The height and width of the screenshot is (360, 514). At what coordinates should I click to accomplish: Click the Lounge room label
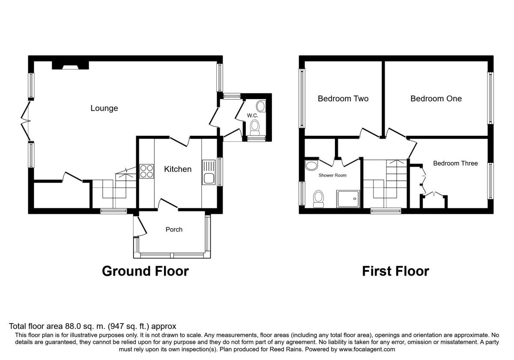[x=104, y=108]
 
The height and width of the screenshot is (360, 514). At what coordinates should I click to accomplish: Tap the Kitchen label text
[x=178, y=169]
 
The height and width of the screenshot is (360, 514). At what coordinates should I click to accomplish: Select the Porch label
[x=174, y=229]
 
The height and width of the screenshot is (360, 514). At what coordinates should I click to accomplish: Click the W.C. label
[x=252, y=115]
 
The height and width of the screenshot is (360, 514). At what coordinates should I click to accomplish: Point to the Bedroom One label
[x=436, y=99]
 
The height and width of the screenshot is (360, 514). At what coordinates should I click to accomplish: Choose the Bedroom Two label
[x=343, y=99]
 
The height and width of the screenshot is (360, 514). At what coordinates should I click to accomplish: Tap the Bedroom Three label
[x=455, y=163]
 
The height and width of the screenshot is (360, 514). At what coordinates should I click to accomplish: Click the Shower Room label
[x=332, y=175]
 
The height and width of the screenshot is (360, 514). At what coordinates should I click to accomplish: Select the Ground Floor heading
[x=145, y=271]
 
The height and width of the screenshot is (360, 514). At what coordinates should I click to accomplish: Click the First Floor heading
[x=396, y=271]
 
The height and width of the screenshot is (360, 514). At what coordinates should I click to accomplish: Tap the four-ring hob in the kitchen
[x=146, y=171]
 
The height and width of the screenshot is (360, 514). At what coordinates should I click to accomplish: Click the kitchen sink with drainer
[x=209, y=172]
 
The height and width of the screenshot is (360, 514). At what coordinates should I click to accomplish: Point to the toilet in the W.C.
[x=254, y=128]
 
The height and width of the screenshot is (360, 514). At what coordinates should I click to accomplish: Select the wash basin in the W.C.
[x=261, y=106]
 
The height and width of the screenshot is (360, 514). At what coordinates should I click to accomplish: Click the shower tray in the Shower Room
[x=348, y=199]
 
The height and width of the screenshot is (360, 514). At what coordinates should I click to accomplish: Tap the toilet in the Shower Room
[x=319, y=199]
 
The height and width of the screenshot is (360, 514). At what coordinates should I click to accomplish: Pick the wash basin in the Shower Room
[x=312, y=165]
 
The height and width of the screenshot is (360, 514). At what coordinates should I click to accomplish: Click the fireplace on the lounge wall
[x=70, y=66]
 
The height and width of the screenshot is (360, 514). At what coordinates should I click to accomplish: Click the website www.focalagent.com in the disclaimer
[x=367, y=349]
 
